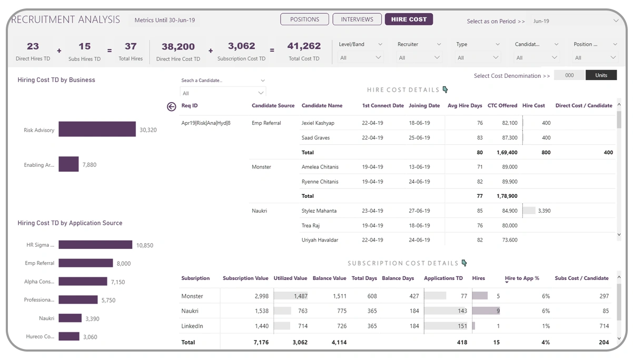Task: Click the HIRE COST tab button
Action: click(409, 19)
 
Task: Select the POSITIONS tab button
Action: click(304, 19)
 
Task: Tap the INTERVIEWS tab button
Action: click(357, 19)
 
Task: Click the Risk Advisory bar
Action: click(97, 129)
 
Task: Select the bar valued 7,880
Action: click(68, 164)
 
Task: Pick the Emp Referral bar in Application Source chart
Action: click(85, 263)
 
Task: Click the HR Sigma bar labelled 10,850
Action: click(95, 245)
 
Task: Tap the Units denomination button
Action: click(601, 75)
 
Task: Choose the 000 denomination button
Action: click(569, 75)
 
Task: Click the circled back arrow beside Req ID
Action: click(171, 107)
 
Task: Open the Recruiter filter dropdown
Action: click(419, 57)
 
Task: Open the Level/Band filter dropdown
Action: click(361, 57)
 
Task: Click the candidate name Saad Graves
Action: click(315, 138)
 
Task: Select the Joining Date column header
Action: click(424, 106)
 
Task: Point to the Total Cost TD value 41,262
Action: click(304, 46)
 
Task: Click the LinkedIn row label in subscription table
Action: click(192, 326)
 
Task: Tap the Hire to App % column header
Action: click(522, 278)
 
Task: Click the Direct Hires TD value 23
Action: click(33, 46)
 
